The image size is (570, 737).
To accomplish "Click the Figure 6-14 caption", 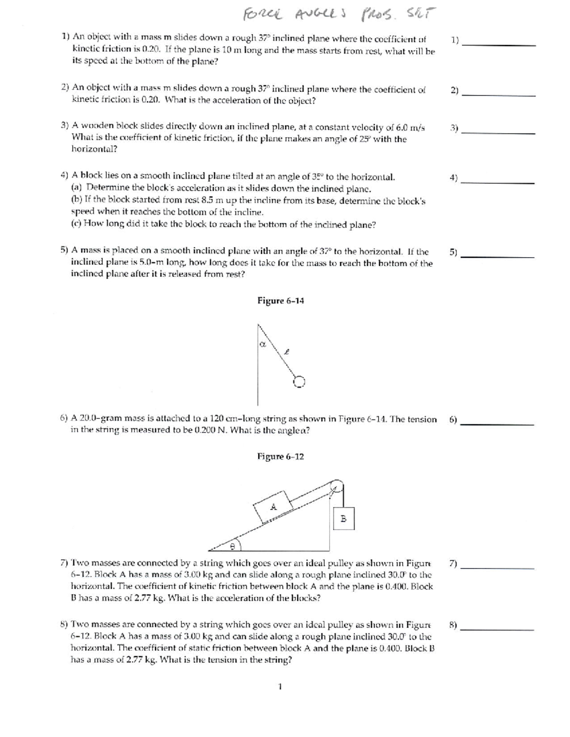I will coord(280,301).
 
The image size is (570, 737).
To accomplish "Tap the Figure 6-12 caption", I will coord(280,457).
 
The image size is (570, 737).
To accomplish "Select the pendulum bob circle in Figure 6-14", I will coord(299,382).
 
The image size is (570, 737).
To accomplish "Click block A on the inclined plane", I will coord(273,507).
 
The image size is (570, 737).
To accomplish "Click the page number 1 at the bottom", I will coord(280,686).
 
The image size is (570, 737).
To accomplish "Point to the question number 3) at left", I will coord(66,127).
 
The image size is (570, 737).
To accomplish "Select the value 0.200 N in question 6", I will coord(189,430).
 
